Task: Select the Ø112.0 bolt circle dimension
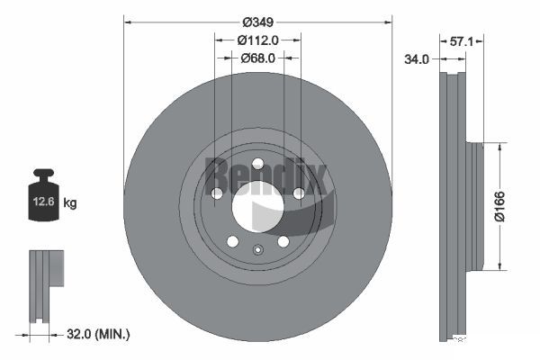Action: coord(258,40)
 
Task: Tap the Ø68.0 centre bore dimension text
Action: coord(258,58)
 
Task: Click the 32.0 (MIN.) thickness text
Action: coord(99,334)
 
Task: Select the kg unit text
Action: coord(71,203)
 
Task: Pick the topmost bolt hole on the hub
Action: coord(257,164)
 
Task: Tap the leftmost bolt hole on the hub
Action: coord(216,193)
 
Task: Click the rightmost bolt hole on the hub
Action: coord(299,193)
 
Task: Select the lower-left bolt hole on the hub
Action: coord(232,241)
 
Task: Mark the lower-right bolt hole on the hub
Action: coord(283,241)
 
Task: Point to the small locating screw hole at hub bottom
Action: coord(257,251)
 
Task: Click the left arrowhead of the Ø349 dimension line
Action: coord(128,20)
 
